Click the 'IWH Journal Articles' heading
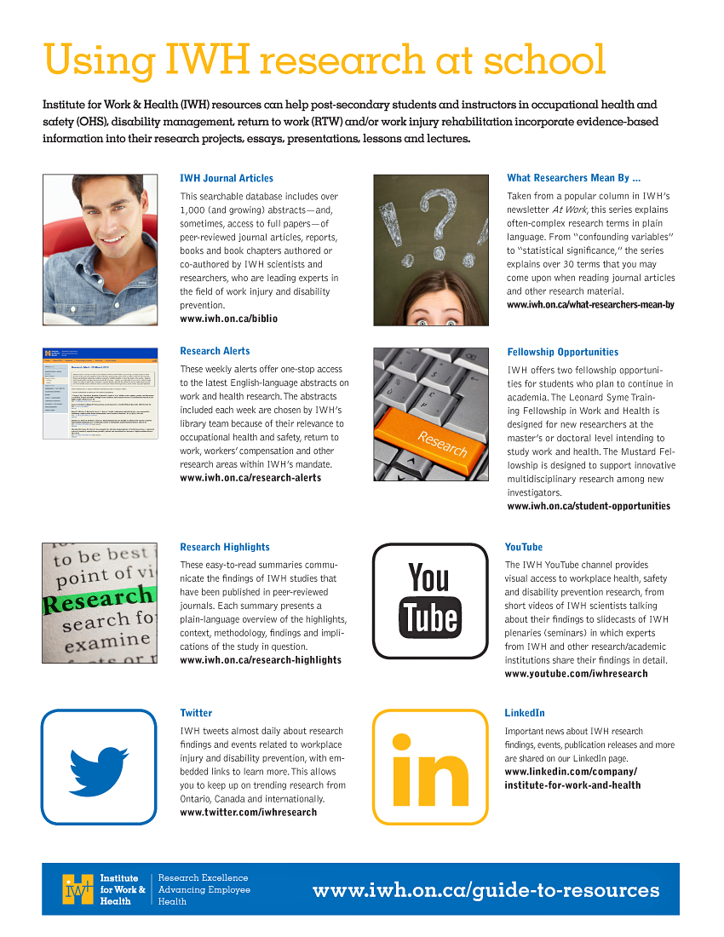227,178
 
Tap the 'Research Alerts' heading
215,351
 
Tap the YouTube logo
430,600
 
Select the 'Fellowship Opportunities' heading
562,352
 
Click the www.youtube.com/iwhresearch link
576,674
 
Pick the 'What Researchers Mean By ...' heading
573,178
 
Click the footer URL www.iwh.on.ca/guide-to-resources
486,891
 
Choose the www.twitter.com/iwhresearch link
248,813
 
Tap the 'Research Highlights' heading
225,547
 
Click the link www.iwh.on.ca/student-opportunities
588,506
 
